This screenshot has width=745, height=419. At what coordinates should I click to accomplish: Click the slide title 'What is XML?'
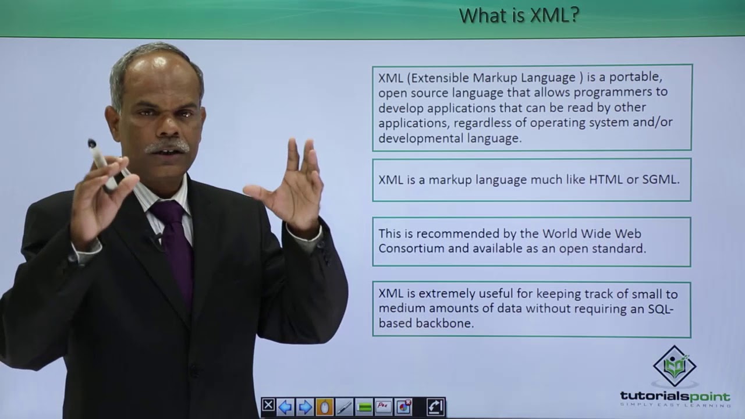tap(519, 16)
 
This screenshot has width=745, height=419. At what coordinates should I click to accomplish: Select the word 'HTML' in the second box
tap(605, 180)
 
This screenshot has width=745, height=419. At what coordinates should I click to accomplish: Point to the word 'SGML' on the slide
tap(660, 180)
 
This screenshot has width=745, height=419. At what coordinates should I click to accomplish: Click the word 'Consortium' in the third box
tap(407, 248)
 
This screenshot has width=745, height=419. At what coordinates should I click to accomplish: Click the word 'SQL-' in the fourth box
tap(661, 309)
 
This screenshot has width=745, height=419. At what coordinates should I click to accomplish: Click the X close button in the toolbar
tap(268, 406)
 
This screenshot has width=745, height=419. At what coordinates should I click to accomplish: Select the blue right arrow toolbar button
tap(305, 406)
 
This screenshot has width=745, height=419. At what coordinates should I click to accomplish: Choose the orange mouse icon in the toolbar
tap(324, 406)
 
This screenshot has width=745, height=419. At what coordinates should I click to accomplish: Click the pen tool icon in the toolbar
tap(344, 406)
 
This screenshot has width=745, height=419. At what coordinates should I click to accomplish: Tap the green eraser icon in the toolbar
tap(364, 407)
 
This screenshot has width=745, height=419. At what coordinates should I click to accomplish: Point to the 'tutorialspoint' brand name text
tap(675, 396)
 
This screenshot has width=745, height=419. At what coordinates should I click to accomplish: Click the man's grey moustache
tap(167, 146)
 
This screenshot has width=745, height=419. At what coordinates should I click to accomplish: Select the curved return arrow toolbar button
tap(435, 406)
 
